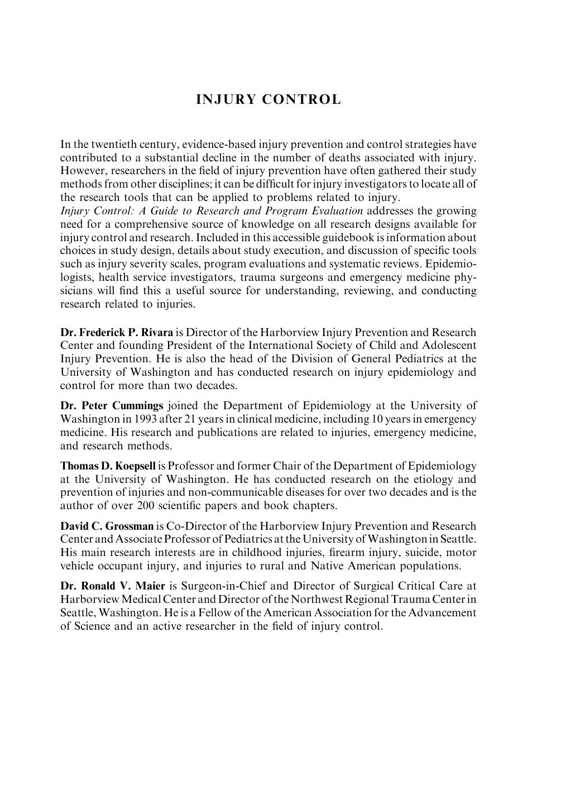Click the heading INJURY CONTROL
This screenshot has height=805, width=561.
click(268, 100)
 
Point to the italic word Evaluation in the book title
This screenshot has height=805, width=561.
click(335, 211)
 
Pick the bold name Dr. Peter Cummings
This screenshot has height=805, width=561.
click(112, 406)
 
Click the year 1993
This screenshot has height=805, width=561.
click(140, 419)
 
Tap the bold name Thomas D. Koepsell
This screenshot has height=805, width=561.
click(108, 466)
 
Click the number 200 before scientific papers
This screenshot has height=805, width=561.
click(145, 506)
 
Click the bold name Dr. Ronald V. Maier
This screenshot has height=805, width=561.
click(113, 586)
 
